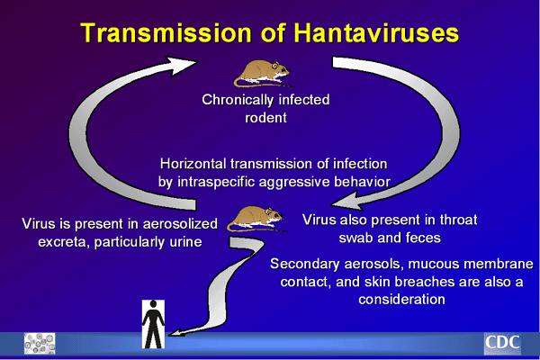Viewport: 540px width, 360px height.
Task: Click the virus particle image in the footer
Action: [40, 343]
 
